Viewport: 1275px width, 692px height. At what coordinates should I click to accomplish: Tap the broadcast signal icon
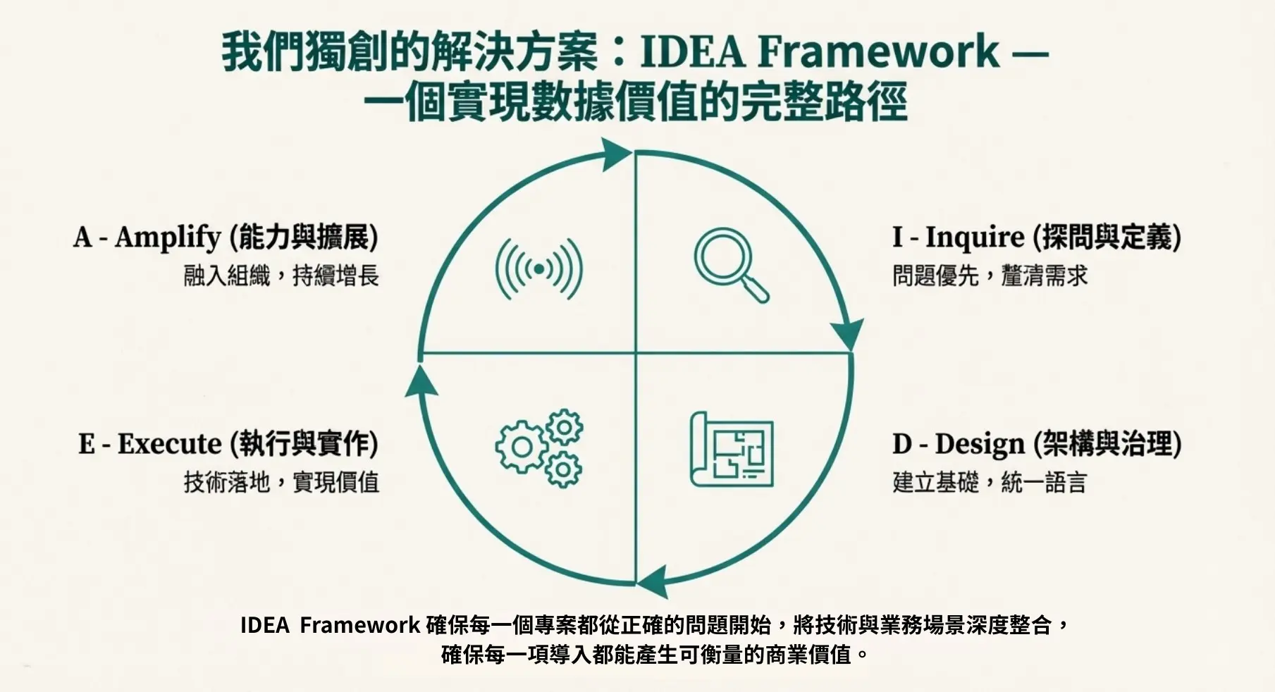539,268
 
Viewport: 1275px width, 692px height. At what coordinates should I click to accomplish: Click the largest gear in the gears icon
522,447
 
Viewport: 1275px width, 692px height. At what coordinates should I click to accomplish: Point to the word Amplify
168,237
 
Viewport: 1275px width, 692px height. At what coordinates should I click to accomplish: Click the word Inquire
974,237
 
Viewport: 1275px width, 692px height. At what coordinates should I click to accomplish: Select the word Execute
169,444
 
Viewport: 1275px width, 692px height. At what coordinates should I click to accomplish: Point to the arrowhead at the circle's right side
846,333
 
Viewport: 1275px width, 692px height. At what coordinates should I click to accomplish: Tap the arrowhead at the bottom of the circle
653,581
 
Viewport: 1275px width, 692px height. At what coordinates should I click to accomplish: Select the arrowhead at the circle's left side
421,382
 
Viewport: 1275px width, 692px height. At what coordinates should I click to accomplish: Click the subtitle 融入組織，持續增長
281,276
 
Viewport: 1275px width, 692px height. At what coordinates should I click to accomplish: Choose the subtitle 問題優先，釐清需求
990,276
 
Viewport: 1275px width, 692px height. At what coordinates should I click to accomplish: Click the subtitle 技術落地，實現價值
281,482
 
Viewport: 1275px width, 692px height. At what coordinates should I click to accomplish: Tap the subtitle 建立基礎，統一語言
990,482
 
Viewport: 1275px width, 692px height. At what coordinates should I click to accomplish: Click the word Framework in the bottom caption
359,625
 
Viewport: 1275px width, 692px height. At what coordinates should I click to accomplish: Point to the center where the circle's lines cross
636,353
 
